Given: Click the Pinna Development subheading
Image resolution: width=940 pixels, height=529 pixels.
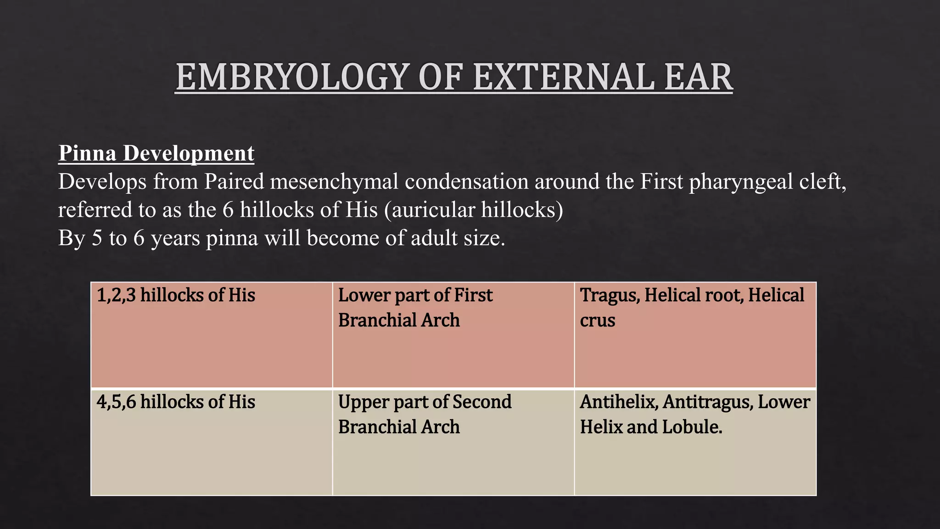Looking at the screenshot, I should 156,153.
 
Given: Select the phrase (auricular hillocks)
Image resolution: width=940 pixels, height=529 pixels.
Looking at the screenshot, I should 473,210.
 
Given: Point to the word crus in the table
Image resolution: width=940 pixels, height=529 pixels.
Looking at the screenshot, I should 597,321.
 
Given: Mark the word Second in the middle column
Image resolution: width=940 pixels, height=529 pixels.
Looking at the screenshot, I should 481,402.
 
